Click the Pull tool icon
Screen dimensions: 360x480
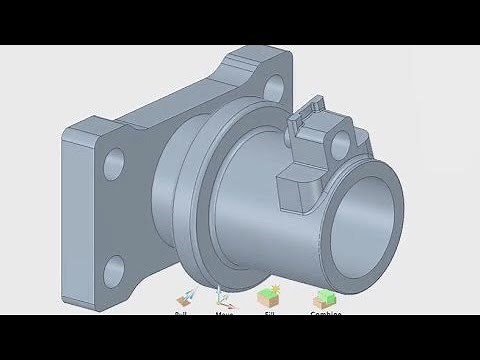(x=183, y=298)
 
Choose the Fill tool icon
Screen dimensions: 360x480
(x=267, y=297)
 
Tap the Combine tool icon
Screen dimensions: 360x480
(x=324, y=298)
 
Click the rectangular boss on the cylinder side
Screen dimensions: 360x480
(x=298, y=190)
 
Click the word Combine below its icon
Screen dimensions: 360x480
(x=325, y=314)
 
